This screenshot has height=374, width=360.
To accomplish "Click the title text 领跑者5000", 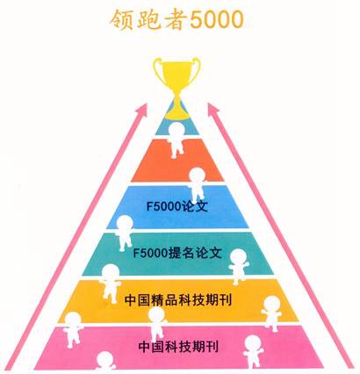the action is (x=176, y=19).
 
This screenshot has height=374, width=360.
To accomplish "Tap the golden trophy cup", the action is (x=177, y=88).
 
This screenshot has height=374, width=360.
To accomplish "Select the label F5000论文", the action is (x=177, y=206).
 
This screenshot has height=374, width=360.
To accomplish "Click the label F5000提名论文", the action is (x=177, y=253).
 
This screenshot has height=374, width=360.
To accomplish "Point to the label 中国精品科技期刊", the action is (x=178, y=300).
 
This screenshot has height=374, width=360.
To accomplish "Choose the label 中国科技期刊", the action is (x=178, y=347).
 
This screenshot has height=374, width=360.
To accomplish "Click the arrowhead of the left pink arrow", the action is (x=142, y=112).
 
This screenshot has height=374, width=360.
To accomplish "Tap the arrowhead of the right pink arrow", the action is (x=213, y=110).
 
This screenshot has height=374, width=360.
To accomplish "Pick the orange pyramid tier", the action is (x=177, y=160).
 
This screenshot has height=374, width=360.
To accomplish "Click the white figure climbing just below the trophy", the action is (x=176, y=140).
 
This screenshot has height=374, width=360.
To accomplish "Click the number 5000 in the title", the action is (x=217, y=20).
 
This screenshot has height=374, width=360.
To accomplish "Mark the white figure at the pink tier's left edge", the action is (x=73, y=329).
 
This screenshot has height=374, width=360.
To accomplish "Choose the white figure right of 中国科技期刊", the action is (x=253, y=352).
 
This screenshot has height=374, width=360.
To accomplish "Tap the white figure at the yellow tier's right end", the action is (x=272, y=313).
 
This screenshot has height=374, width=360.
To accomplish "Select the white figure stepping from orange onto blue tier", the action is (x=197, y=184).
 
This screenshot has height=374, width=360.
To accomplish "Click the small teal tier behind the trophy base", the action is (x=177, y=126).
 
